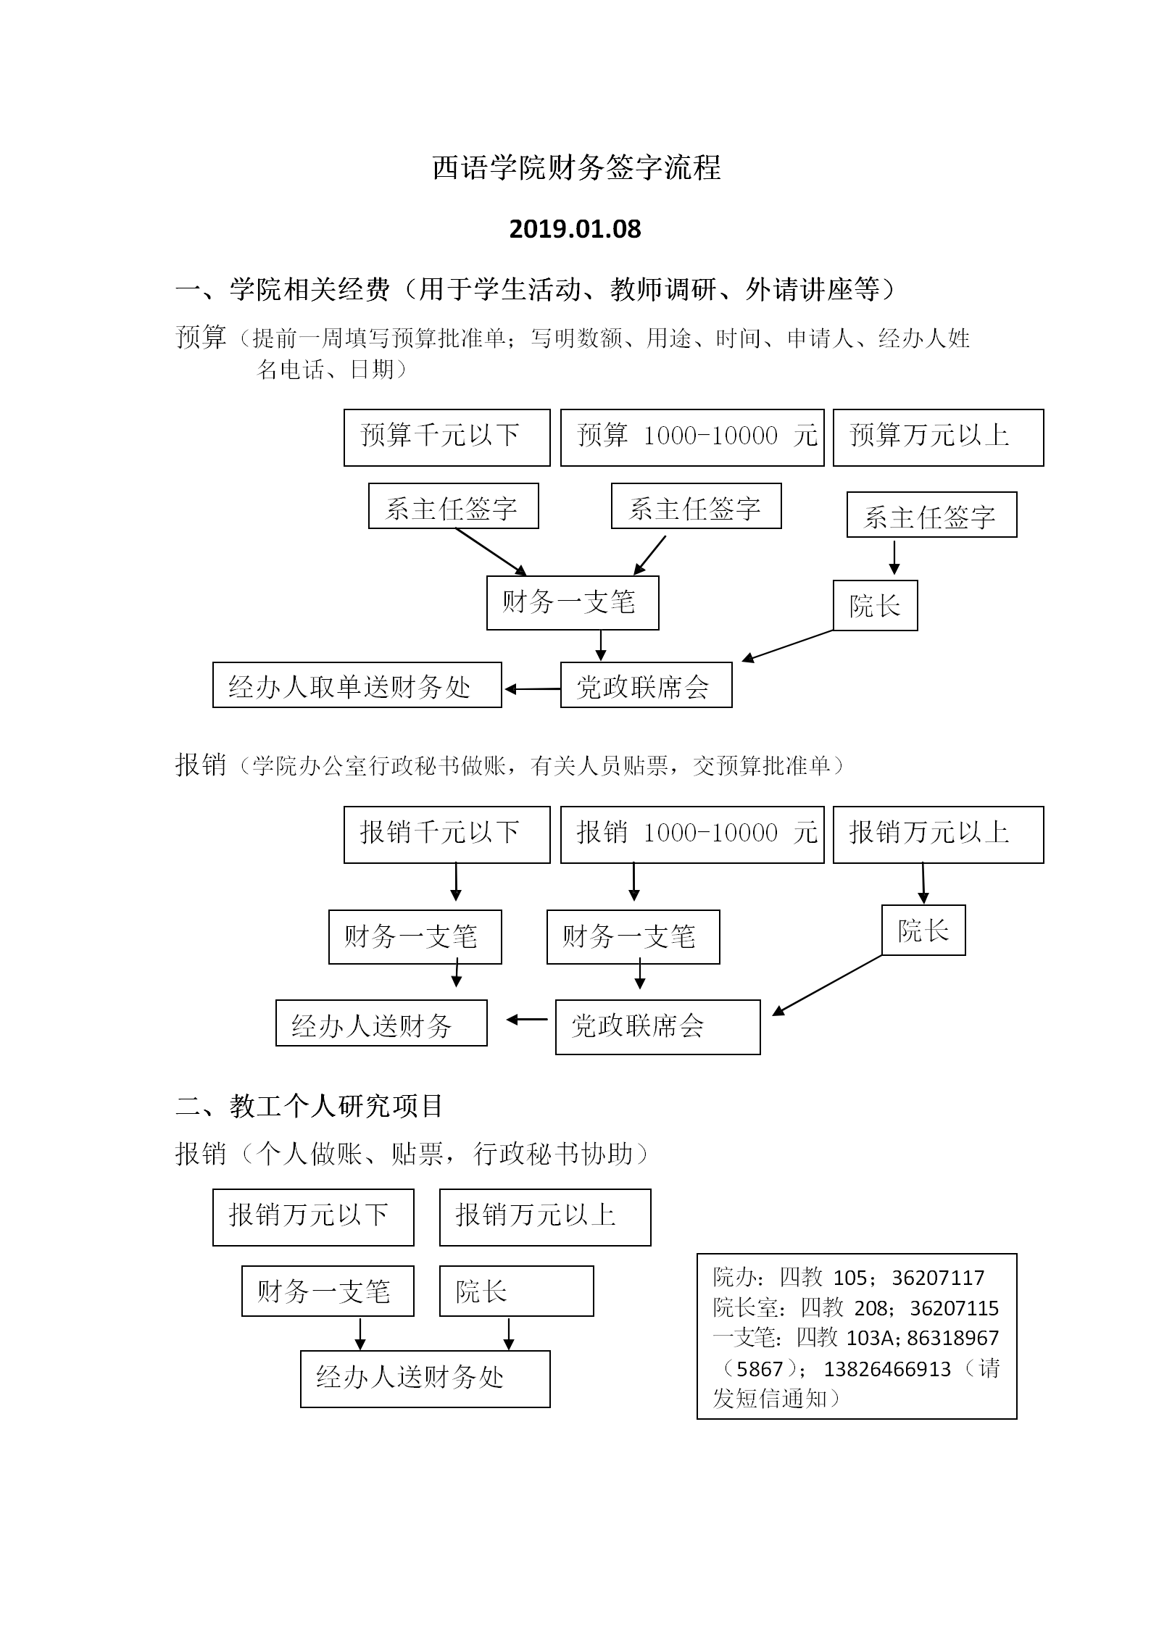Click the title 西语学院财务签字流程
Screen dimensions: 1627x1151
coord(576,168)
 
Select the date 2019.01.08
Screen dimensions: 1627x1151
coord(575,229)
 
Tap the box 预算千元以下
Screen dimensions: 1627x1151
coord(446,437)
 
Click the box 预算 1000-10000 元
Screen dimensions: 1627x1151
coord(692,437)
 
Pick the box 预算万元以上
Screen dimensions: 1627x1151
coord(938,437)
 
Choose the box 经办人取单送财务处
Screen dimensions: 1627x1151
coord(357,685)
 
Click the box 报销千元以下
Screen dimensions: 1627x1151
coord(446,834)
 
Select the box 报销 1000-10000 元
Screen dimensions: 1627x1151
coord(692,834)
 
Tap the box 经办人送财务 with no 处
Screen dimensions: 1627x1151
coord(381,1023)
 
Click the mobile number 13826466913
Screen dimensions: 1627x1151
coord(887,1369)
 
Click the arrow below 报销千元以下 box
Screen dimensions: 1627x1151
coord(456,883)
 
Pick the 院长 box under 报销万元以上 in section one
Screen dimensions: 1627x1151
coord(923,930)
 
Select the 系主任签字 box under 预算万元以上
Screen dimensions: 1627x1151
coord(931,515)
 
